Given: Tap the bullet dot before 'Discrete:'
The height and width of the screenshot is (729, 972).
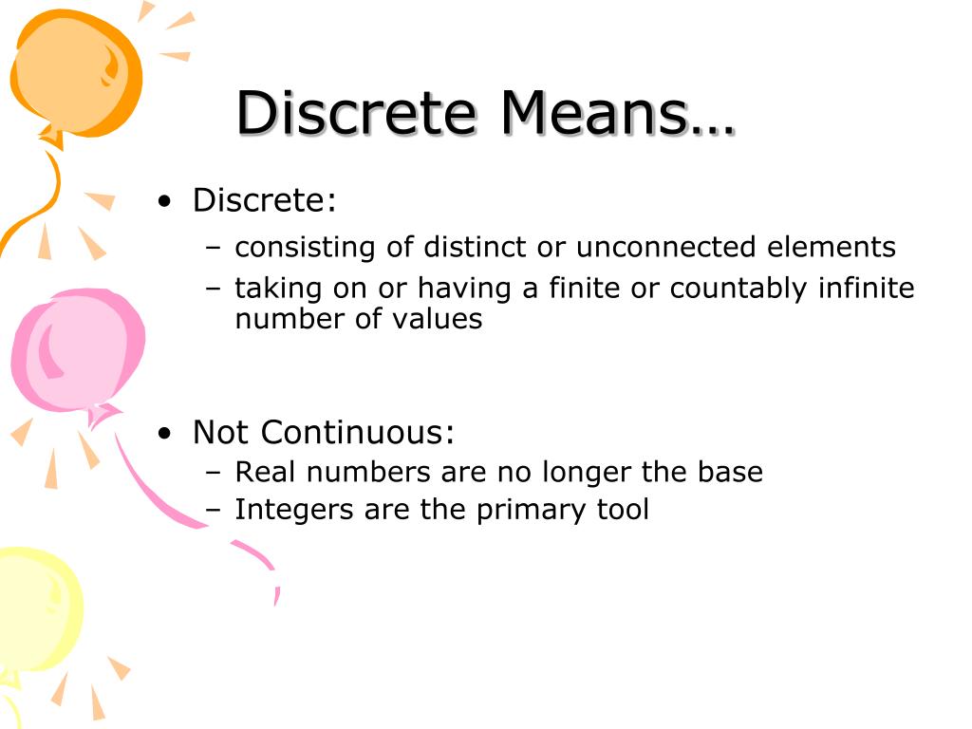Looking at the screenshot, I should [166, 201].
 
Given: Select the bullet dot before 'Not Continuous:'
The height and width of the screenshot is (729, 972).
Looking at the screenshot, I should [166, 433].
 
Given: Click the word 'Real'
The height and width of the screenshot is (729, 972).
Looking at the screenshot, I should [263, 472].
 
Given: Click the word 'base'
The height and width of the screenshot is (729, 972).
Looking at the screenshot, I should [730, 472].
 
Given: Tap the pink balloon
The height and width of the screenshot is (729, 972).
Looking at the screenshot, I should [76, 351].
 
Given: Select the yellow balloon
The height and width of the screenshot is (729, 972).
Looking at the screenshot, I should [38, 607].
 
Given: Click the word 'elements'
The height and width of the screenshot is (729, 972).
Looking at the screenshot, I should [833, 247].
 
